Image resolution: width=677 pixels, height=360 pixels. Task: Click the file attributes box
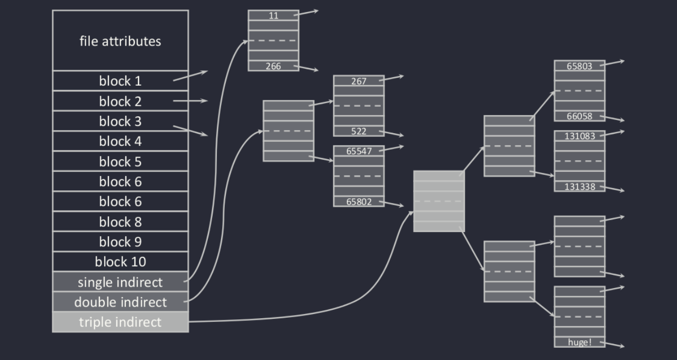click(120, 41)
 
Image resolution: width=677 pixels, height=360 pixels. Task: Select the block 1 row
click(120, 81)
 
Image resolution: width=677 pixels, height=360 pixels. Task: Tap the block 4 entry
click(120, 141)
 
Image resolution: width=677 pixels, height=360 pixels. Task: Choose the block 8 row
click(120, 221)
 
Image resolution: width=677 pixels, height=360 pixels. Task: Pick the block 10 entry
click(120, 262)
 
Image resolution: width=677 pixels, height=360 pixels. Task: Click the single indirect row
click(120, 282)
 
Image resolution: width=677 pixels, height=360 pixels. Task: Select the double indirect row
click(120, 302)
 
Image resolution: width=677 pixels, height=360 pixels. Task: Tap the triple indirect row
click(120, 322)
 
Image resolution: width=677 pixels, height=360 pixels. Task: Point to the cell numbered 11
click(273, 15)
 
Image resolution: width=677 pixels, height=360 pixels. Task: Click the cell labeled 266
click(273, 66)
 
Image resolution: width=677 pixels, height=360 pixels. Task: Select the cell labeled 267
click(359, 81)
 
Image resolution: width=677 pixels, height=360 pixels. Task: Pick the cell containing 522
click(359, 131)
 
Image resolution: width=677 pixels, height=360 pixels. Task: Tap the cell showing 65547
click(359, 151)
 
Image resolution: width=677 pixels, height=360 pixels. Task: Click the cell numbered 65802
click(359, 201)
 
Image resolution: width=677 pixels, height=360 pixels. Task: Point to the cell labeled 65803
click(579, 66)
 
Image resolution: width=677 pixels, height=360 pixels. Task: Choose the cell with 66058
click(579, 116)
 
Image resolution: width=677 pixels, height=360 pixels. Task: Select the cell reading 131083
click(579, 136)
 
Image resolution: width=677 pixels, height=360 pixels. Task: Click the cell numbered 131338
click(579, 187)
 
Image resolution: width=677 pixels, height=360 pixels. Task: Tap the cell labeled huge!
click(579, 342)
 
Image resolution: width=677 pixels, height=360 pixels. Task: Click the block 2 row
click(120, 101)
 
